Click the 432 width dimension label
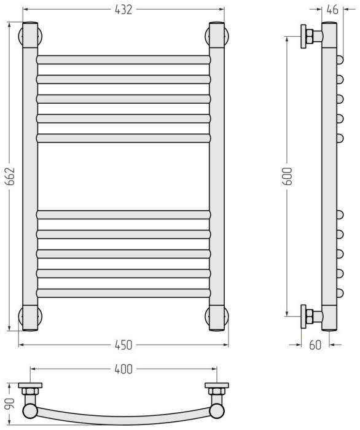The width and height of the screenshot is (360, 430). [x=123, y=10]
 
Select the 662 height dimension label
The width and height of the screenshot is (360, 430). [x=10, y=176]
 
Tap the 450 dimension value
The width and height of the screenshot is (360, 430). [x=123, y=345]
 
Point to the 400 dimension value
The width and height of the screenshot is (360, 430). [x=123, y=369]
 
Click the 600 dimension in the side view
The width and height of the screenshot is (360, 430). [x=288, y=176]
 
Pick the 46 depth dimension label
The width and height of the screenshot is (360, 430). [x=332, y=10]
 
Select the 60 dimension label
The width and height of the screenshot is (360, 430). [x=315, y=345]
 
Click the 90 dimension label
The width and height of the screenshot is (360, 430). [x=10, y=404]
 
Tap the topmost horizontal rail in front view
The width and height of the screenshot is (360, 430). [x=123, y=60]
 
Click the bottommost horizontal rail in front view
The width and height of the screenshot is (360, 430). [x=123, y=293]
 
